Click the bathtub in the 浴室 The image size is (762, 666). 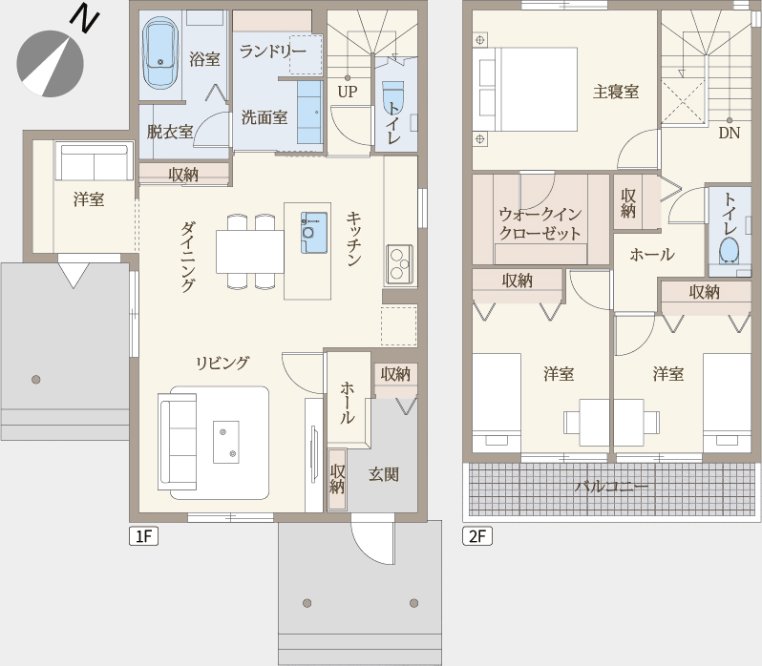159,52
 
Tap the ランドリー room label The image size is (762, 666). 273,51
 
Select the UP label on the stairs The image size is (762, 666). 347,92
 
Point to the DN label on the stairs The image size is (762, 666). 729,133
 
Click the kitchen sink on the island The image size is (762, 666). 313,233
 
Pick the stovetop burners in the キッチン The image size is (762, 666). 399,264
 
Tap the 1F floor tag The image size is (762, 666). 144,536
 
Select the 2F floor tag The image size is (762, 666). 477,536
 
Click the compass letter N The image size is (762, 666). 85,18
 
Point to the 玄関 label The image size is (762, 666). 384,474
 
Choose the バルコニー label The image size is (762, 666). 612,487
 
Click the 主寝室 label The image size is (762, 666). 616,92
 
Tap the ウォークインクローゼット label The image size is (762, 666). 540,224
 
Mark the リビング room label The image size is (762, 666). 222,364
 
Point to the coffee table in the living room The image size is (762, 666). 226,442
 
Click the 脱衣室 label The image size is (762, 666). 170,132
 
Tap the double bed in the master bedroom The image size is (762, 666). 528,90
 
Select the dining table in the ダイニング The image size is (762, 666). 250,252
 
